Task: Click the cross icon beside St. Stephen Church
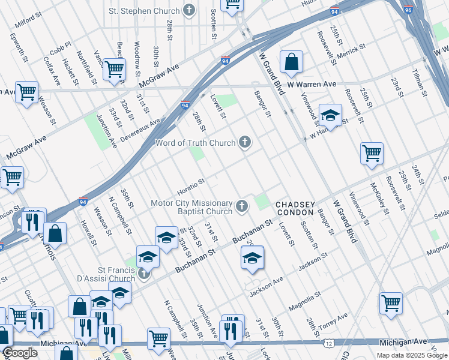pyautogui.click(x=189, y=11)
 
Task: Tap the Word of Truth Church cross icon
pyautogui.click(x=244, y=142)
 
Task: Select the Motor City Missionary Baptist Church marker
pyautogui.click(x=241, y=207)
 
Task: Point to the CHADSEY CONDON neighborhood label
pyautogui.click(x=294, y=208)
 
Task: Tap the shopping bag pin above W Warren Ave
pyautogui.click(x=291, y=62)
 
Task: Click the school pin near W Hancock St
pyautogui.click(x=330, y=115)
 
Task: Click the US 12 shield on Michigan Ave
pyautogui.click(x=330, y=343)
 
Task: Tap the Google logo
pyautogui.click(x=20, y=353)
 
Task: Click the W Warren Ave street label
pyautogui.click(x=312, y=85)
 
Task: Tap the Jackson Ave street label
pyautogui.click(x=267, y=286)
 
